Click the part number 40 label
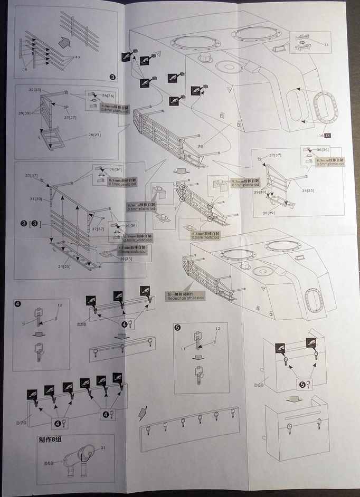[x=77, y=57]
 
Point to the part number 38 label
[x=25, y=69]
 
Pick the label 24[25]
[x=66, y=266]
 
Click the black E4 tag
[x=327, y=136]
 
